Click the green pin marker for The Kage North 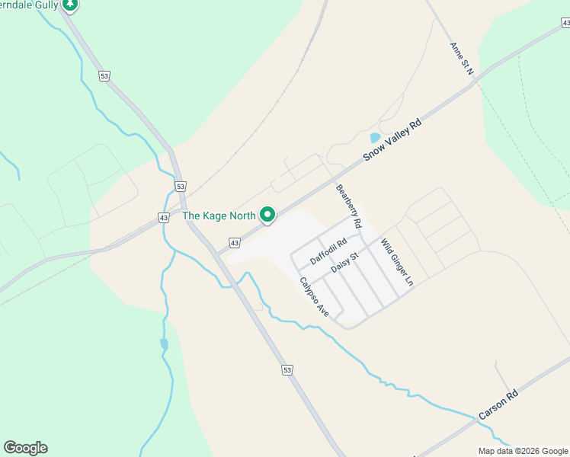[267, 216]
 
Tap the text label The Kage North [219, 216]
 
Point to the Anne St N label [462, 59]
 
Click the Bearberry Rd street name [347, 206]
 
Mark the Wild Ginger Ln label [397, 263]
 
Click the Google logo [25, 448]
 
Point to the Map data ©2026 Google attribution [523, 451]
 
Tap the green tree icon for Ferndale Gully [70, 5]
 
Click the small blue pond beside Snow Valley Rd [375, 139]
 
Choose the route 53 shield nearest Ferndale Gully [104, 75]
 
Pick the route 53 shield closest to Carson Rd [287, 370]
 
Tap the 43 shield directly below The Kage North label [235, 243]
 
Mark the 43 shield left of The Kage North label [165, 218]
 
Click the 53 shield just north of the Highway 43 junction [180, 186]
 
